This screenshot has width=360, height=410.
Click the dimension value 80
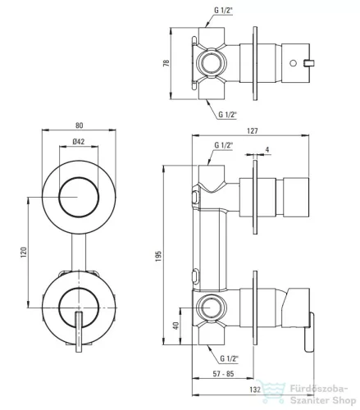tap(79, 125)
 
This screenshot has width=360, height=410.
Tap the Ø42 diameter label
tap(79, 142)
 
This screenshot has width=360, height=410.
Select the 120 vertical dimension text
tap(24, 253)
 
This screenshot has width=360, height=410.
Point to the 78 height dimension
tap(166, 63)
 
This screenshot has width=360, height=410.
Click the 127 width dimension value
tap(253, 131)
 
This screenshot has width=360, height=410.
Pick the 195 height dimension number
tap(158, 256)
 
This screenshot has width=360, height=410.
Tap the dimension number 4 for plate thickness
tap(267, 149)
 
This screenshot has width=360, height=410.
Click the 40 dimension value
tap(175, 326)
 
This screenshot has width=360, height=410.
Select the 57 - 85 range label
tap(224, 374)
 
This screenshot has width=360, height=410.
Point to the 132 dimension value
tap(255, 389)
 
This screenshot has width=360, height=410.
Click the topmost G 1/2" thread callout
tap(223, 11)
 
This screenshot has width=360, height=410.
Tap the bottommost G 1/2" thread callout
tap(229, 358)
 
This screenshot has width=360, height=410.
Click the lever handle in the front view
tap(79, 331)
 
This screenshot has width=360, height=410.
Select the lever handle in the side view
tap(309, 332)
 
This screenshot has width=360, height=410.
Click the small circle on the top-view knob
tap(293, 63)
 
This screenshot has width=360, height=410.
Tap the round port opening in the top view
tap(211, 63)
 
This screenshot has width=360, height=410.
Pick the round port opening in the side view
tap(211, 307)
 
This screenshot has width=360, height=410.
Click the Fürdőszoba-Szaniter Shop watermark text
tap(322, 394)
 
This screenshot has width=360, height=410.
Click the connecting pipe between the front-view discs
tap(79, 253)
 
